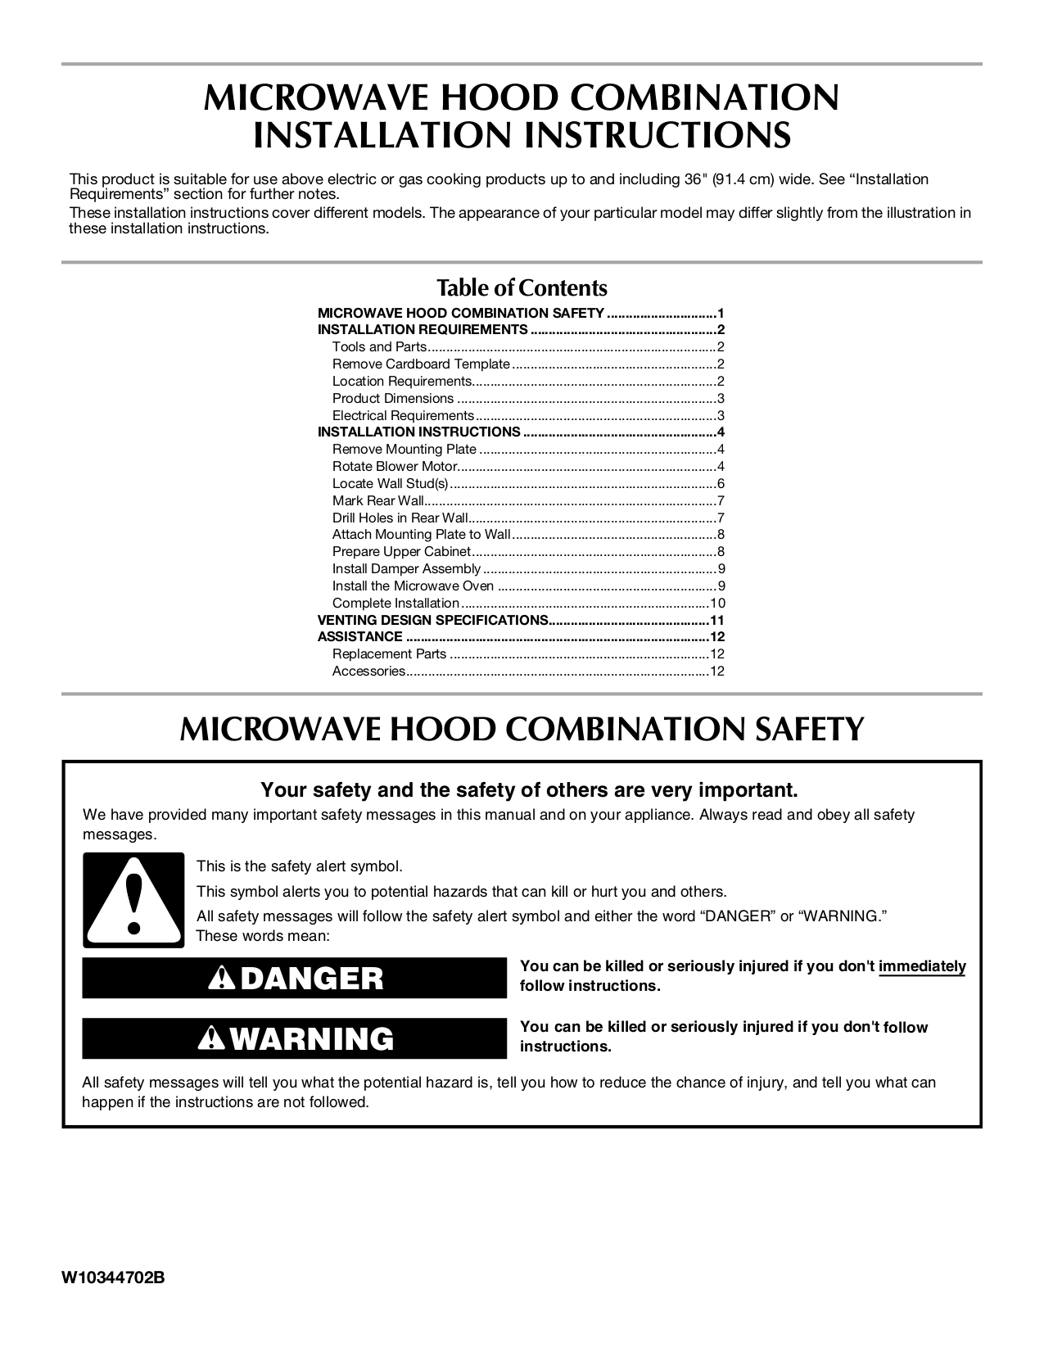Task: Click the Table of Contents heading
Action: point(522,288)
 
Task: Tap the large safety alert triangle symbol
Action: point(133,900)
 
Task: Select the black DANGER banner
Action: point(295,978)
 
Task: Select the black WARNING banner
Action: point(295,1038)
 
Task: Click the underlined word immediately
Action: point(922,966)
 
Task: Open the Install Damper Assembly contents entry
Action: point(406,569)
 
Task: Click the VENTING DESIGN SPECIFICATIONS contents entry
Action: point(432,620)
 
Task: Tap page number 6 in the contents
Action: point(721,484)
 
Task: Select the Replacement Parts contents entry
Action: point(389,654)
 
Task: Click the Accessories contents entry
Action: point(368,671)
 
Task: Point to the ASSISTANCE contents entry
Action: point(359,637)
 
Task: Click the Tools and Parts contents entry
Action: point(379,347)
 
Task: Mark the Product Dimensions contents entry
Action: point(392,399)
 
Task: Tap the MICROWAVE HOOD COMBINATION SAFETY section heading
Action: point(522,729)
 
